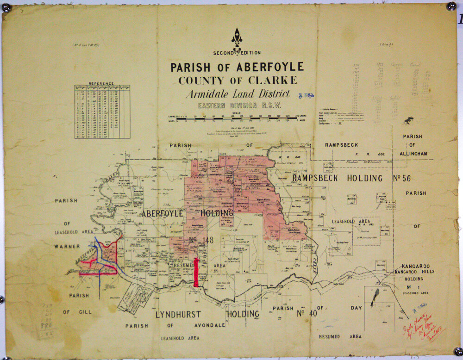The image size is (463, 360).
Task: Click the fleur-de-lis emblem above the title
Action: point(237,37)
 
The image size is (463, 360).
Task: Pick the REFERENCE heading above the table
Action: point(101,84)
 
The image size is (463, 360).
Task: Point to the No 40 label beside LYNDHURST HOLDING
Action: point(307,314)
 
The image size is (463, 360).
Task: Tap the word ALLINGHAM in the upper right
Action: point(415,153)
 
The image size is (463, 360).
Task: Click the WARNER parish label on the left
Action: point(67,247)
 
